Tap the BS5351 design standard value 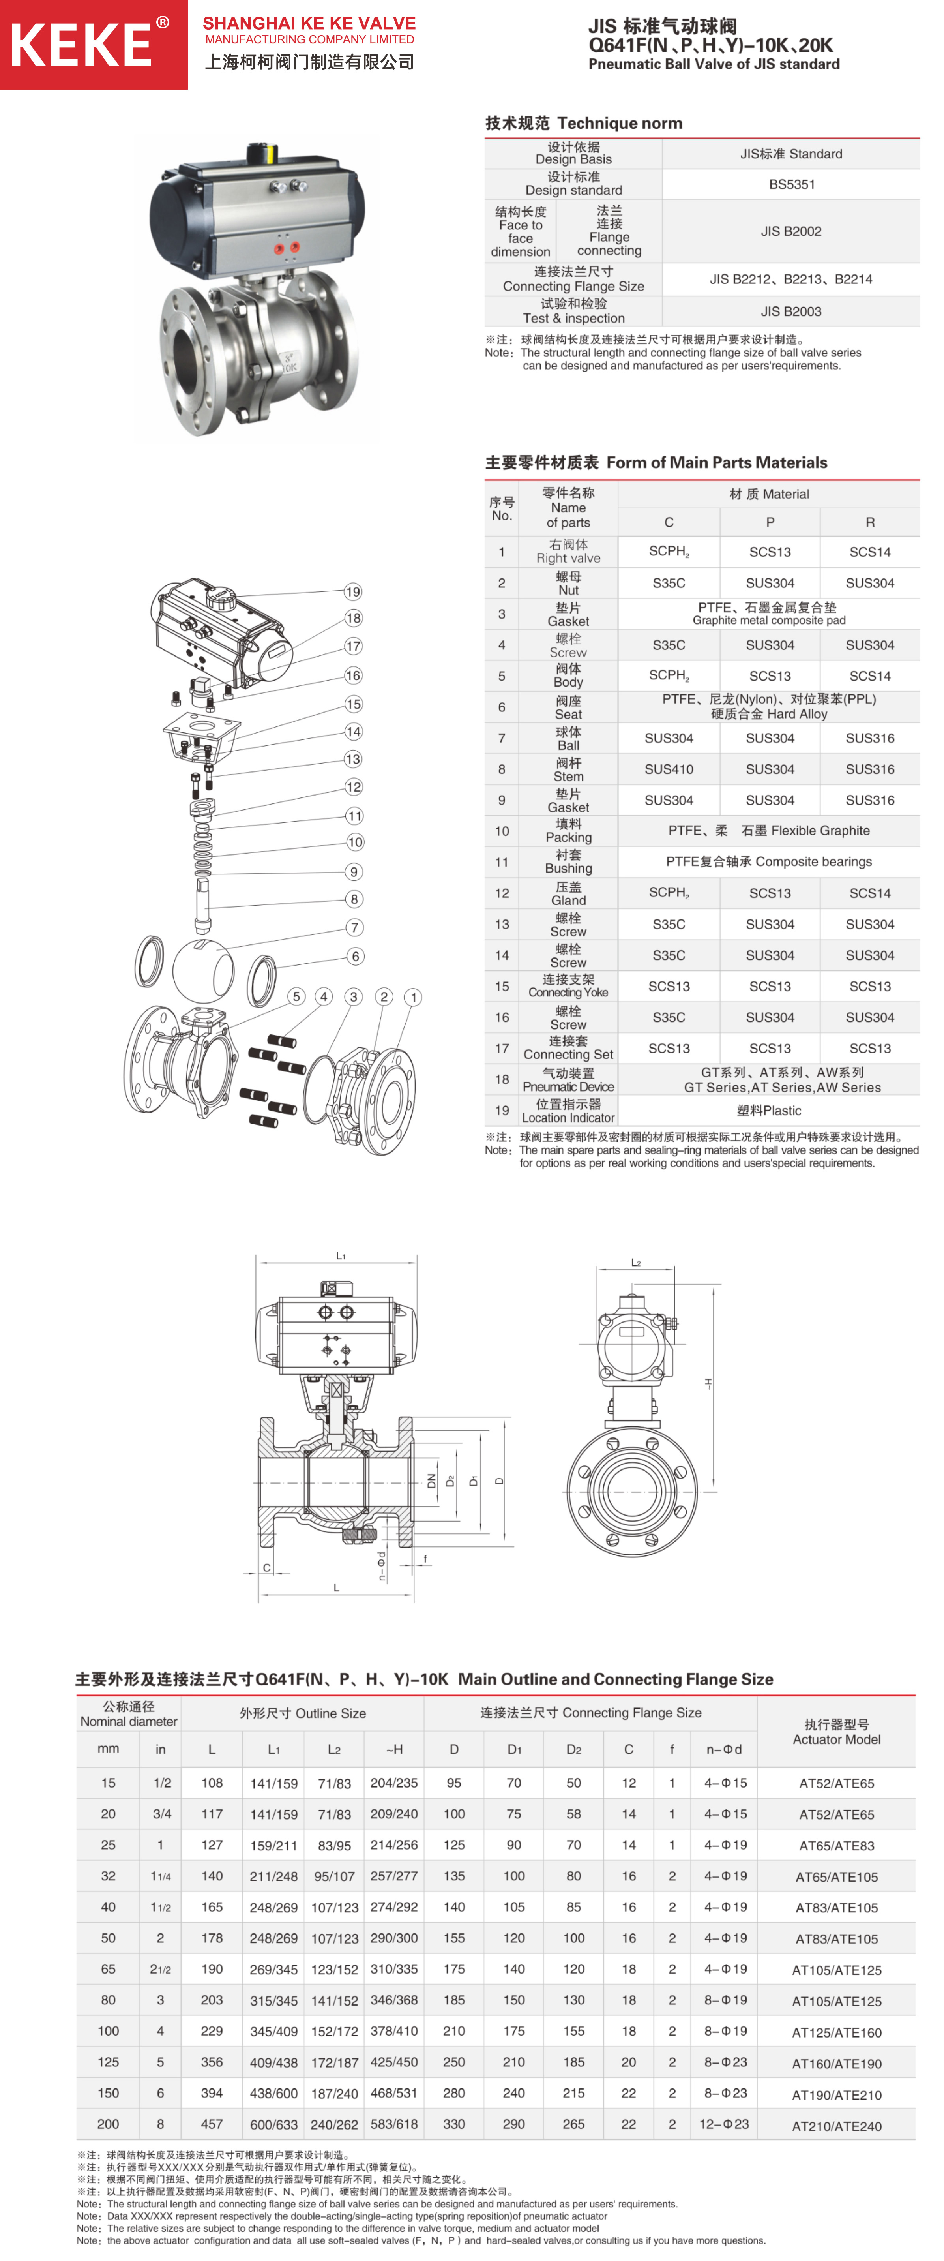pos(791,184)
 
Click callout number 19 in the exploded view pos(353,591)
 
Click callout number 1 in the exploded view pos(413,997)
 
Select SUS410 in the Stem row pos(669,769)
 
